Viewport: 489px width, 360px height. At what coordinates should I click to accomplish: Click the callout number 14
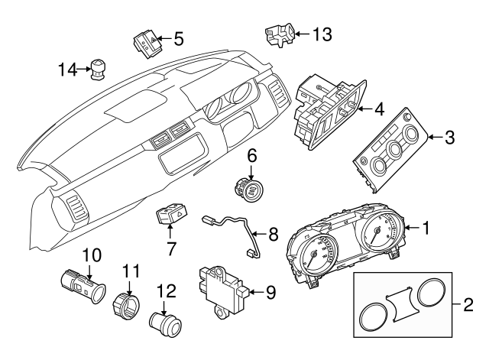[67, 70]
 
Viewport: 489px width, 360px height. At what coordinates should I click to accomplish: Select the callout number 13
[325, 34]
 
